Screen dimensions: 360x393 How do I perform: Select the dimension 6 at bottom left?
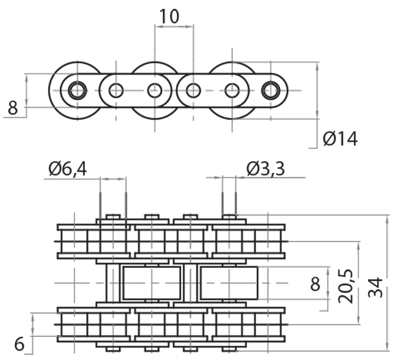[19, 344]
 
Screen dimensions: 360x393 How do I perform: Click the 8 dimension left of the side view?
[13, 108]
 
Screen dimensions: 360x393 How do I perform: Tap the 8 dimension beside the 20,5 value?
[316, 284]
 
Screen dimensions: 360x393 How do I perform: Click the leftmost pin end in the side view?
[77, 90]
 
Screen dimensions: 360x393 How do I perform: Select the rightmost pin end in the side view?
[270, 90]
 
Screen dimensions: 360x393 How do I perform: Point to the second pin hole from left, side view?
[116, 90]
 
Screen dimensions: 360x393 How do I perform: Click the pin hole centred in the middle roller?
[155, 90]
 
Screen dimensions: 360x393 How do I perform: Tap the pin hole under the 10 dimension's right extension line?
[193, 90]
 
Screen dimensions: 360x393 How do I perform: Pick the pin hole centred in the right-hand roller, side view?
[232, 90]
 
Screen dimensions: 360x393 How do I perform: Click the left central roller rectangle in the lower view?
[152, 283]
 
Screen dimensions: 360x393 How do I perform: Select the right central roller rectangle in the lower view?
[229, 283]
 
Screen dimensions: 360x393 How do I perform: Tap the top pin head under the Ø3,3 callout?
[229, 216]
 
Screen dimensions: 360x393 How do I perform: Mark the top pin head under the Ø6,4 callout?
[113, 216]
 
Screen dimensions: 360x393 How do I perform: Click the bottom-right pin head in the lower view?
[229, 349]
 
